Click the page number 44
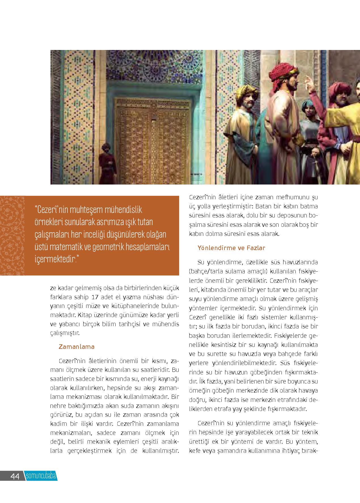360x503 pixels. [14, 476]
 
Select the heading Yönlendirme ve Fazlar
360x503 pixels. [231, 248]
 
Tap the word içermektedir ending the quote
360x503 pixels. [56, 259]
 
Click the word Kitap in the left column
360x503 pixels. [85, 315]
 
